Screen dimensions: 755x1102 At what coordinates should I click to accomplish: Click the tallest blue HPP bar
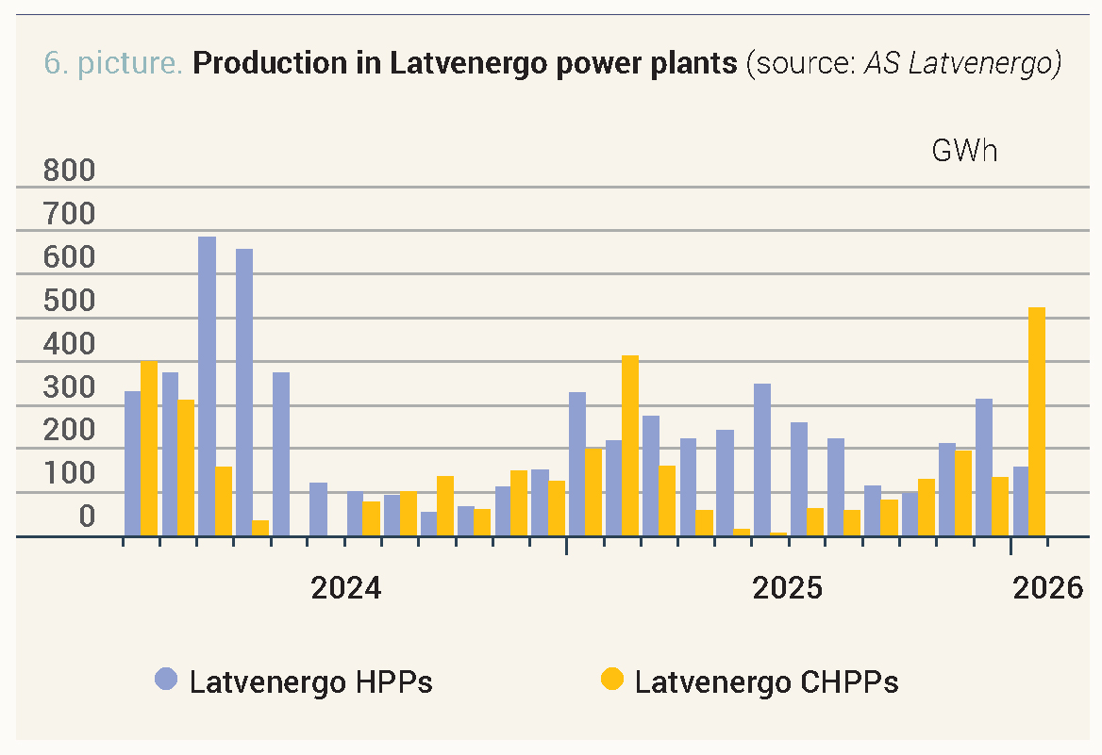pos(207,386)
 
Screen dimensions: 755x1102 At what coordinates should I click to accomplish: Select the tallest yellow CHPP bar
pos(1037,421)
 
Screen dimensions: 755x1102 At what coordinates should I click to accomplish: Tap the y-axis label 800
pos(70,172)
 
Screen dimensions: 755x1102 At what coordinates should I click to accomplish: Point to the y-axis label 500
pos(70,302)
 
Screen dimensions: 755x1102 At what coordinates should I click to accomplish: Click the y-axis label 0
pos(87,517)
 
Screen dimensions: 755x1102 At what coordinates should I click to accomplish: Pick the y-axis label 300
pos(70,387)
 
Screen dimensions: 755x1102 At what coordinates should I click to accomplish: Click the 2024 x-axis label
pos(346,588)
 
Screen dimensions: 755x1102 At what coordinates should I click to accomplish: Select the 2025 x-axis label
pos(788,588)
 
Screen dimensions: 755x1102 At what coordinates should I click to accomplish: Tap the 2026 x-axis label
pos(1048,588)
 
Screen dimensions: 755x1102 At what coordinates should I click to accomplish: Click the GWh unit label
pos(964,152)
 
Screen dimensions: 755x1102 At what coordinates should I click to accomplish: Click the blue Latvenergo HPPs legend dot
pos(167,680)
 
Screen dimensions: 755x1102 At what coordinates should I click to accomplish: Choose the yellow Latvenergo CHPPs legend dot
pos(612,680)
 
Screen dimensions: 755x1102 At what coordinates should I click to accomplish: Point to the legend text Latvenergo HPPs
pos(310,681)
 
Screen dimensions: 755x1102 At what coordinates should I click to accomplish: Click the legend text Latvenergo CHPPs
pos(766,681)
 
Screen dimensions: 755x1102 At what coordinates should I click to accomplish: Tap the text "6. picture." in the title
pos(113,64)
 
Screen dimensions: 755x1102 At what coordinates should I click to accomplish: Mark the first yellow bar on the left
pos(149,449)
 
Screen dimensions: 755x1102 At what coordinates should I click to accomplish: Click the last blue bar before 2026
pos(984,468)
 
